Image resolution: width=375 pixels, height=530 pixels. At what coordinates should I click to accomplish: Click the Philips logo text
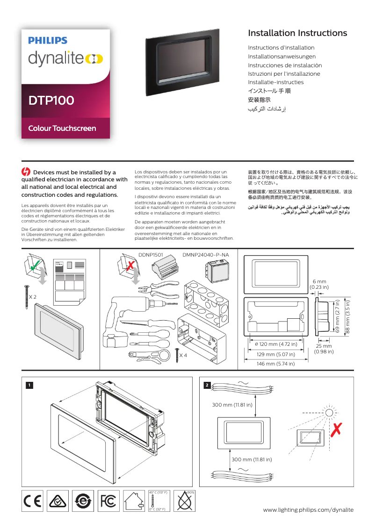(47, 41)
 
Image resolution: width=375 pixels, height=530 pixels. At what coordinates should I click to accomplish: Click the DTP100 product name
(51, 100)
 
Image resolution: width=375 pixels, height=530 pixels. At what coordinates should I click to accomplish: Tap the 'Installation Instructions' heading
(297, 33)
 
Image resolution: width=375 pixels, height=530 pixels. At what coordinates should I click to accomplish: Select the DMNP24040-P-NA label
(206, 255)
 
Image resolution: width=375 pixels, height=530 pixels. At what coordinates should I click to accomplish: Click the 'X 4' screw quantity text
(184, 356)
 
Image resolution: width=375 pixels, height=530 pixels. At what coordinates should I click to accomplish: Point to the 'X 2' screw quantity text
(32, 297)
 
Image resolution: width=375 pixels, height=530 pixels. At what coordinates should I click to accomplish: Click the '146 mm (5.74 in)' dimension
(275, 363)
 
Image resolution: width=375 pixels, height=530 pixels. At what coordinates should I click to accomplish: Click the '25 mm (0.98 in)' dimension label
(324, 349)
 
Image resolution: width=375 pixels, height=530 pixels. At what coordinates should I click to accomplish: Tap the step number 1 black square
(29, 385)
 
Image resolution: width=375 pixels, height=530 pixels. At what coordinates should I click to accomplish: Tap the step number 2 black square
(207, 385)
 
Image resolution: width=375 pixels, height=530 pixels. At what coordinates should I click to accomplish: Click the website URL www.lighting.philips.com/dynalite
(308, 509)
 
